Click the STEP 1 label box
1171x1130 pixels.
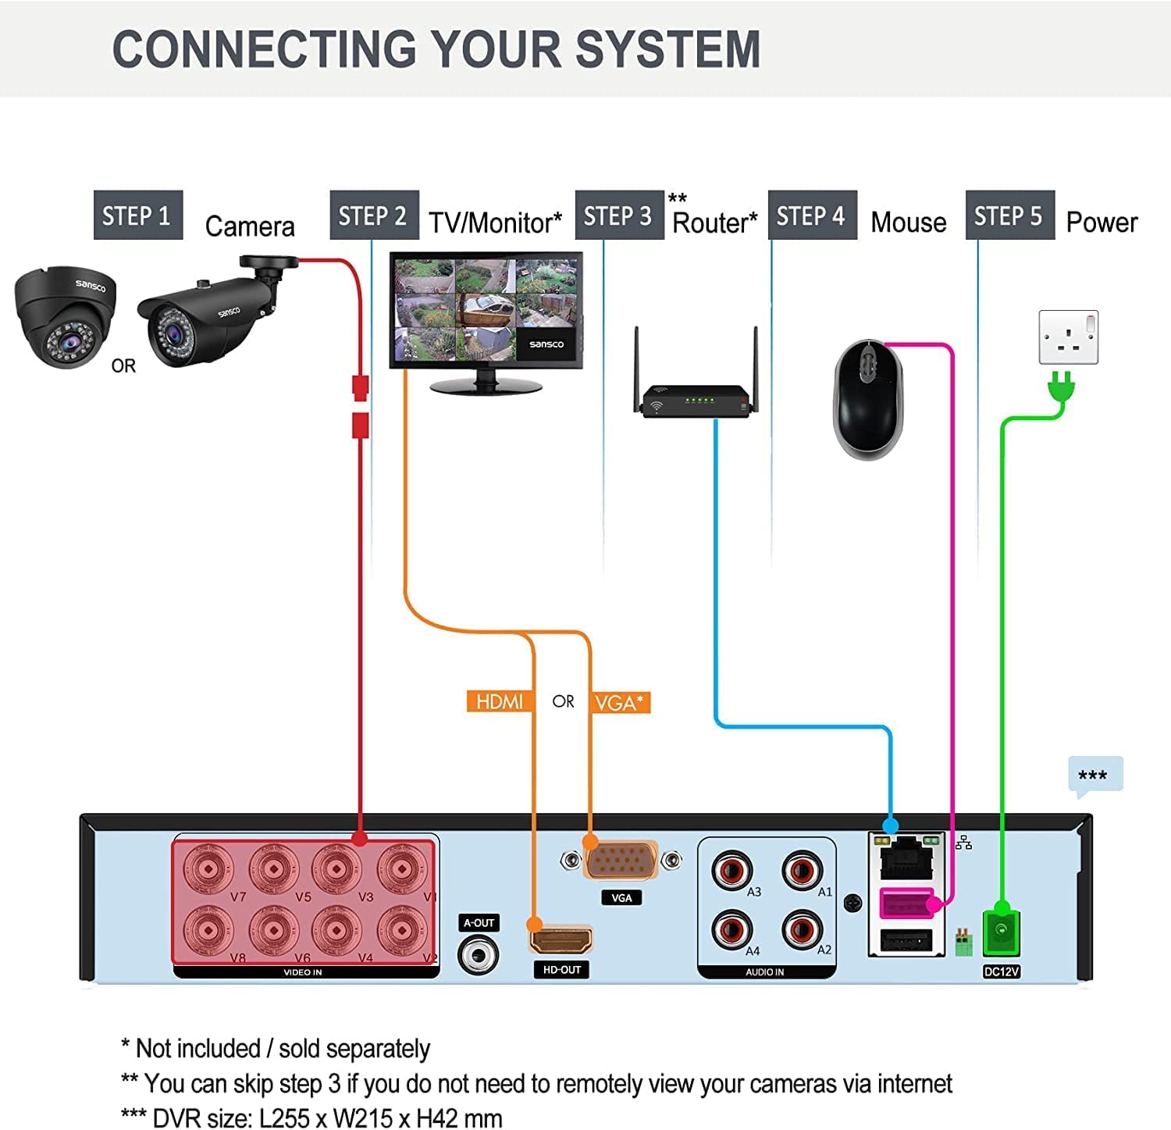tap(137, 215)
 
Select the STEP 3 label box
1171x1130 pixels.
tap(618, 215)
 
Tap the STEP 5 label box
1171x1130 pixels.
tap(1009, 215)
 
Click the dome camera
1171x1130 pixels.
tap(66, 316)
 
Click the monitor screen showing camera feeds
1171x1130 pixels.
tap(486, 309)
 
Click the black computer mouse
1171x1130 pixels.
tap(868, 398)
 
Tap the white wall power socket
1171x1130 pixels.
tap(1068, 337)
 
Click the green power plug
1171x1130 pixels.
tap(1061, 387)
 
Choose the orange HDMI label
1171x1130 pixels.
tap(500, 701)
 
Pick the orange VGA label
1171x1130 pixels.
tap(620, 702)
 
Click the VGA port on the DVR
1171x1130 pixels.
tap(621, 861)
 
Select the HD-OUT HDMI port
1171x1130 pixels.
tap(561, 938)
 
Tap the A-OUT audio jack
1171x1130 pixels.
tap(478, 955)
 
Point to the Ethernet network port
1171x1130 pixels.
tap(906, 857)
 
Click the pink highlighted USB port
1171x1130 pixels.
tap(906, 904)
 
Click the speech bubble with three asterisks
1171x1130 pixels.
tap(1094, 775)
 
